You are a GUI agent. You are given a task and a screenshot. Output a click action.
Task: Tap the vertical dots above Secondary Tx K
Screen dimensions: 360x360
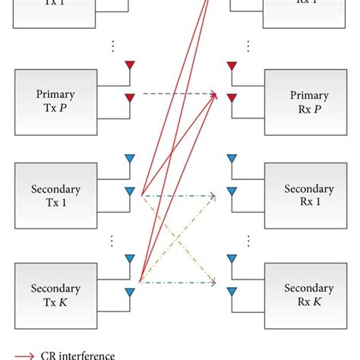coord(113,241)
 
